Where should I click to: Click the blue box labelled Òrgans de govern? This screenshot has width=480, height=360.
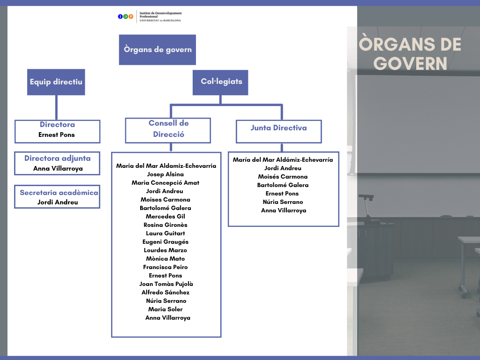[x=157, y=50]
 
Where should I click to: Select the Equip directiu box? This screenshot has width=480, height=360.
[x=56, y=82]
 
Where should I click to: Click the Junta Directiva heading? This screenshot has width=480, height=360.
[x=278, y=128]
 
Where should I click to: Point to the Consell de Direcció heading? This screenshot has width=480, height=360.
[x=168, y=129]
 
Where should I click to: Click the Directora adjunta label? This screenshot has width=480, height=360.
[x=57, y=158]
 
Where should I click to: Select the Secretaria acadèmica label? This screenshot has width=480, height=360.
[x=59, y=193]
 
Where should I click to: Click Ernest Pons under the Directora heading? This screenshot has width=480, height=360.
[x=57, y=135]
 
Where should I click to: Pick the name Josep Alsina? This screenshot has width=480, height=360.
[x=165, y=174]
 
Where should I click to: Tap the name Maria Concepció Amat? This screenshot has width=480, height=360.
[x=165, y=183]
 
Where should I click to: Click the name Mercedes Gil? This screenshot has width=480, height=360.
[x=165, y=217]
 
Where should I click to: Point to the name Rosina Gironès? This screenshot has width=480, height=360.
[x=165, y=225]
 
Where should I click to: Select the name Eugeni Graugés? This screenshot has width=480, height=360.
[x=165, y=242]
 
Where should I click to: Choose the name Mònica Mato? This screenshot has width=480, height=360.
[x=165, y=259]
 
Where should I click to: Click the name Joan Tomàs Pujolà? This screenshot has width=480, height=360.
[x=166, y=284]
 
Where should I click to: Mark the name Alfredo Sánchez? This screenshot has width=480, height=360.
[x=165, y=292]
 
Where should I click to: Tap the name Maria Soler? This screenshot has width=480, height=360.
[x=165, y=309]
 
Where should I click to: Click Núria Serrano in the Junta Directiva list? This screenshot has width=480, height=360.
[x=283, y=202]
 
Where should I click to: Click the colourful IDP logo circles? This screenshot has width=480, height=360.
[x=126, y=16]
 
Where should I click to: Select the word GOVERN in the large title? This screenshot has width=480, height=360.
[x=411, y=64]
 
